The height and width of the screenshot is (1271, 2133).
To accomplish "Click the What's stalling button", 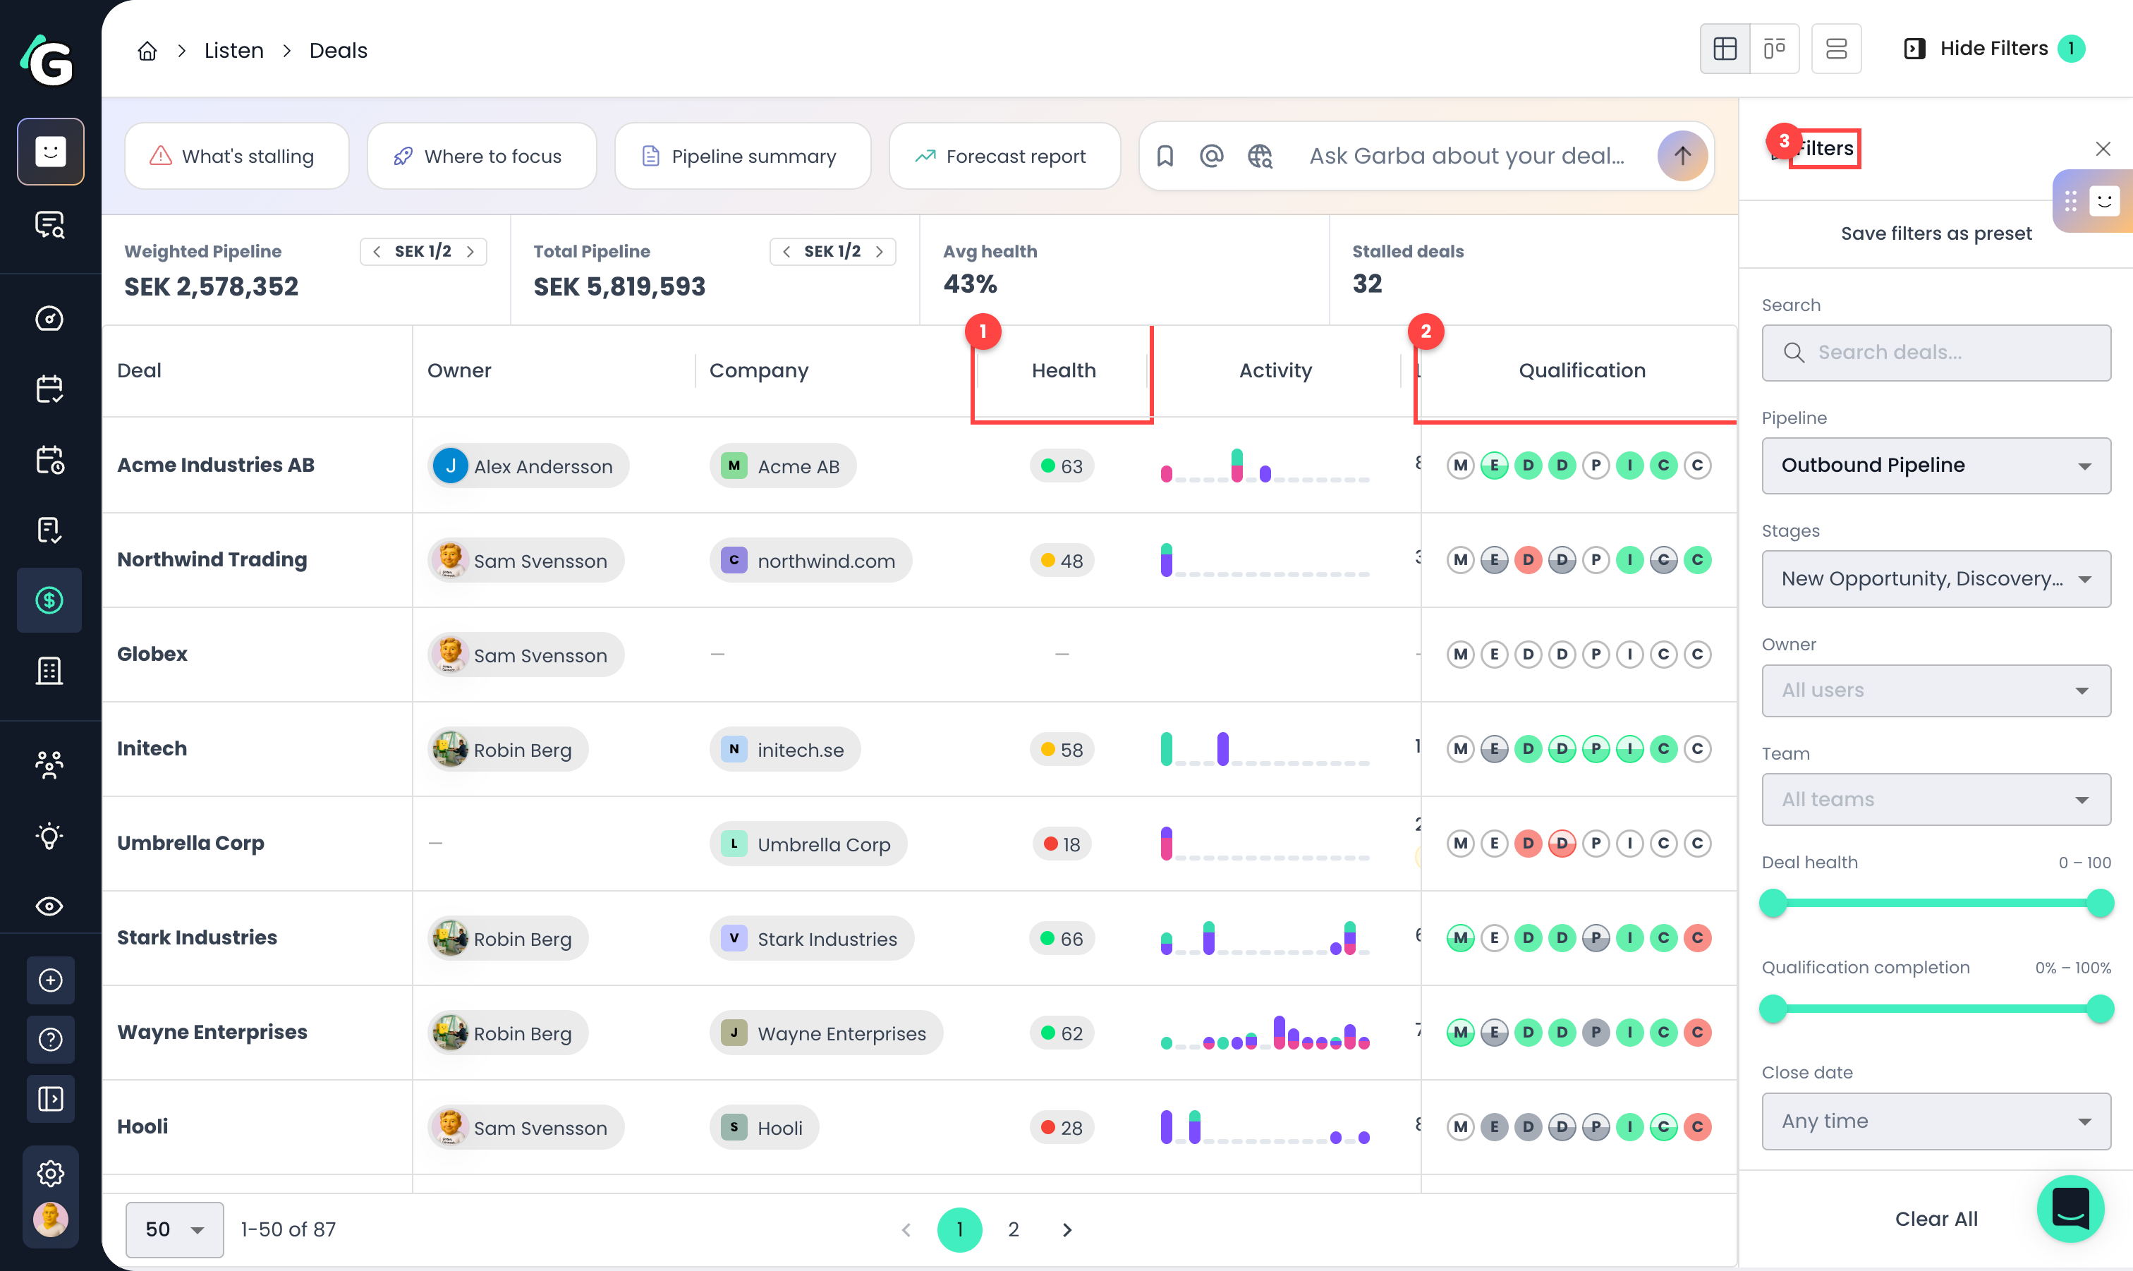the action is pos(236,156).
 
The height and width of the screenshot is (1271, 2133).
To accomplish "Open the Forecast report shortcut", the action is pos(1004,156).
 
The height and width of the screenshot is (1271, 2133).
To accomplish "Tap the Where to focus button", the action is pos(481,156).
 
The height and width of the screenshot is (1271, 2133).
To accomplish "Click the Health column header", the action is pos(1064,371).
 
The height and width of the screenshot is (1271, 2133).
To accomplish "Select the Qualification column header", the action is pos(1581,371).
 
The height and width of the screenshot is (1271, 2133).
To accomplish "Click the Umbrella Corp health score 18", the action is pos(1062,844).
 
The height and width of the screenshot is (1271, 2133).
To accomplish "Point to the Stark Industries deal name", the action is pos(197,938).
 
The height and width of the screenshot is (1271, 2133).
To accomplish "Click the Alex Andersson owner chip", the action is pos(528,466).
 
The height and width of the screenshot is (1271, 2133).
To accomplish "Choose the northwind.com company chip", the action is pos(810,561).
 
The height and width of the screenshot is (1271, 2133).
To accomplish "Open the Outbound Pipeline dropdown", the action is pos(1936,465).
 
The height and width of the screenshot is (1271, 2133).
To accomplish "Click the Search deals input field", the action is pos(1936,353).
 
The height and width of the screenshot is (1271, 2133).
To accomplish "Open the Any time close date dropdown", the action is pos(1936,1121).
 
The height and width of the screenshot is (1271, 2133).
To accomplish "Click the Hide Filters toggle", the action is pos(1993,49).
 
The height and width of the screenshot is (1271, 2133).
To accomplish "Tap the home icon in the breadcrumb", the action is pos(147,51).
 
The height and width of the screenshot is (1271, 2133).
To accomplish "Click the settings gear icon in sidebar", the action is pos(51,1174).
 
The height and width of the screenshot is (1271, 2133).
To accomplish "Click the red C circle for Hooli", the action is pos(1697,1127).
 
